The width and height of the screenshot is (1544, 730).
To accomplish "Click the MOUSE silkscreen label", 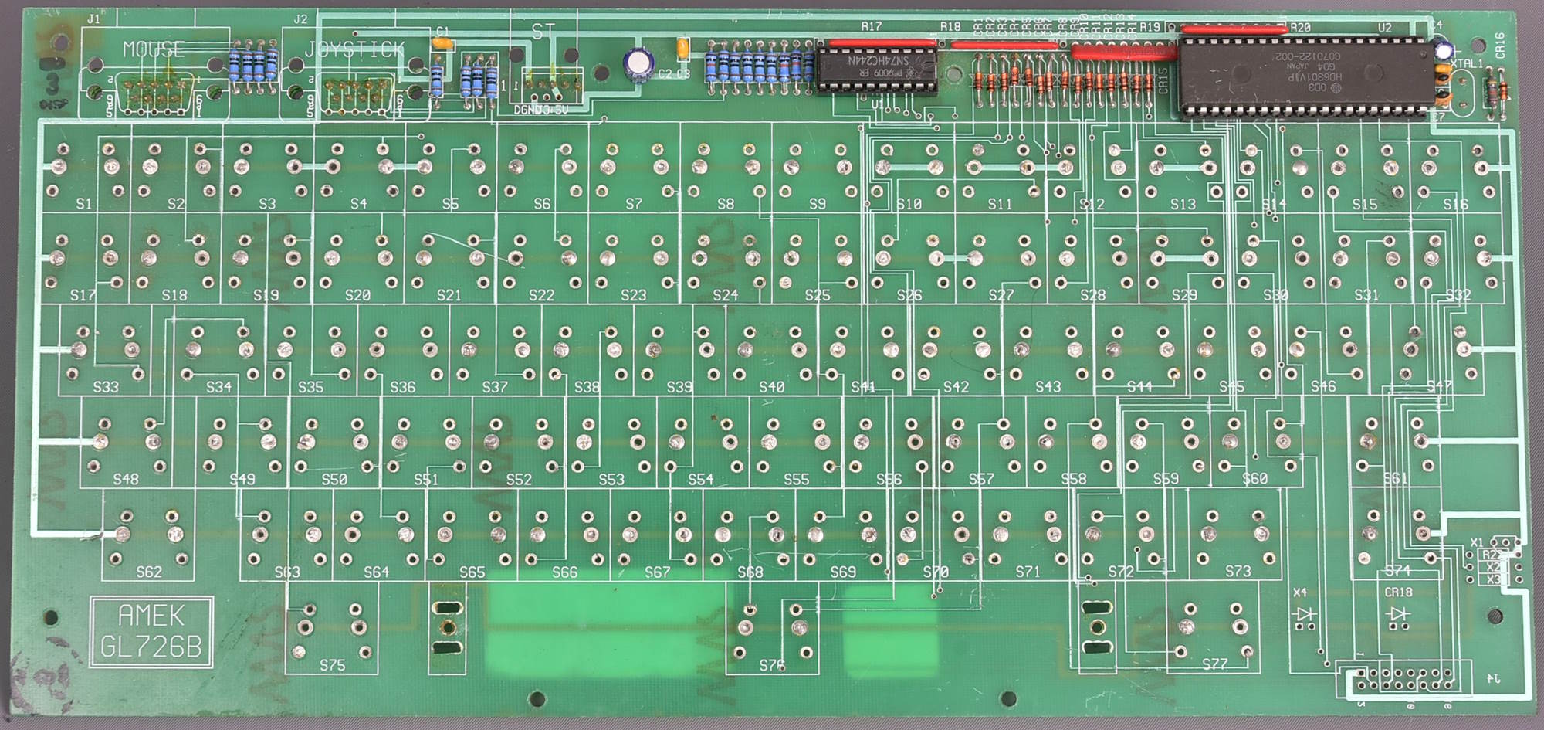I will pyautogui.click(x=154, y=49).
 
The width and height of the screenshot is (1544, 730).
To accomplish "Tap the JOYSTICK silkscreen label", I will pyautogui.click(x=354, y=50).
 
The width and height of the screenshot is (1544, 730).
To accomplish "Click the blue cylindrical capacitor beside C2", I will pyautogui.click(x=638, y=63).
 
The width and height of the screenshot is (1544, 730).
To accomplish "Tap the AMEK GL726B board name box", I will pyautogui.click(x=151, y=631).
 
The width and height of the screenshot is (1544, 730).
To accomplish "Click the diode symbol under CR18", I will pyautogui.click(x=1397, y=614).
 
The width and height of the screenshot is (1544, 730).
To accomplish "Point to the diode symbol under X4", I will pyautogui.click(x=1305, y=614).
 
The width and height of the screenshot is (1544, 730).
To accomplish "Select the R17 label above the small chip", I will pyautogui.click(x=871, y=26).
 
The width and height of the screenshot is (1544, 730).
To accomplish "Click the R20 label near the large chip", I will pyautogui.click(x=1300, y=27).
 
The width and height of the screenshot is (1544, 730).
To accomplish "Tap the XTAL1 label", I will pyautogui.click(x=1467, y=63).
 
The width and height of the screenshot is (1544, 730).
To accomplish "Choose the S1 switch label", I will pyautogui.click(x=84, y=204).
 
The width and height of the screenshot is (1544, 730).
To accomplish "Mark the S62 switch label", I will pyautogui.click(x=149, y=572).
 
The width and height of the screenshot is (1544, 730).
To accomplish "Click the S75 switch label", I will pyautogui.click(x=332, y=664).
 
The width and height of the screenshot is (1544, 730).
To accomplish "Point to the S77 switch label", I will pyautogui.click(x=1214, y=664).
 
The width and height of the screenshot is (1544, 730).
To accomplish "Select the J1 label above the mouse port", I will pyautogui.click(x=93, y=19).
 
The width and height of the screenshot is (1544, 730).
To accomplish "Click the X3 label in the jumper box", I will pyautogui.click(x=1494, y=579).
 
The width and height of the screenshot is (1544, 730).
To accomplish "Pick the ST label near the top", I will pyautogui.click(x=543, y=31).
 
